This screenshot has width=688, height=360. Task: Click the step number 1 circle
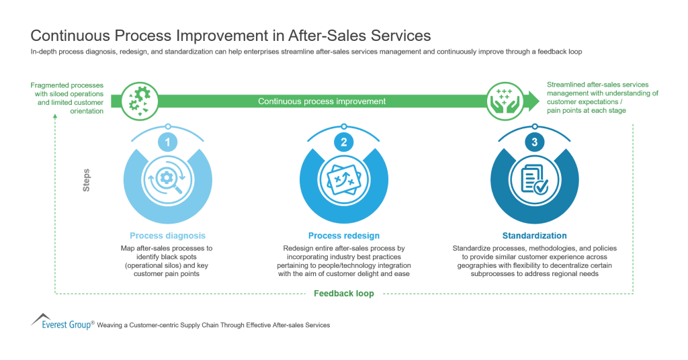pyautogui.click(x=167, y=142)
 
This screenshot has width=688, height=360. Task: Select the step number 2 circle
pyautogui.click(x=343, y=142)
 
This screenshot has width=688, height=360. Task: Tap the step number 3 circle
pyautogui.click(x=534, y=142)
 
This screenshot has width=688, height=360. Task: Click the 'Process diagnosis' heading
pyautogui.click(x=167, y=236)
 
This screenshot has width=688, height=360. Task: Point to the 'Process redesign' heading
pyautogui.click(x=343, y=236)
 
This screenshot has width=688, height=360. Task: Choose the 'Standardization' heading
pyautogui.click(x=534, y=236)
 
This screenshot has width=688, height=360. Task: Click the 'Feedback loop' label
pyautogui.click(x=343, y=294)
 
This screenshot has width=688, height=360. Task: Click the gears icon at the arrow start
pyautogui.click(x=139, y=101)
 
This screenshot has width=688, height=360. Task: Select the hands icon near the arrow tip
pyautogui.click(x=503, y=101)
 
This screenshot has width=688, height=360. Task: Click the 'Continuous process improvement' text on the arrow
pyautogui.click(x=322, y=101)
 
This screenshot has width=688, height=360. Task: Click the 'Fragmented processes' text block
pyautogui.click(x=67, y=98)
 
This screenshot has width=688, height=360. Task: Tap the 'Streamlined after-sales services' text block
pyautogui.click(x=602, y=97)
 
